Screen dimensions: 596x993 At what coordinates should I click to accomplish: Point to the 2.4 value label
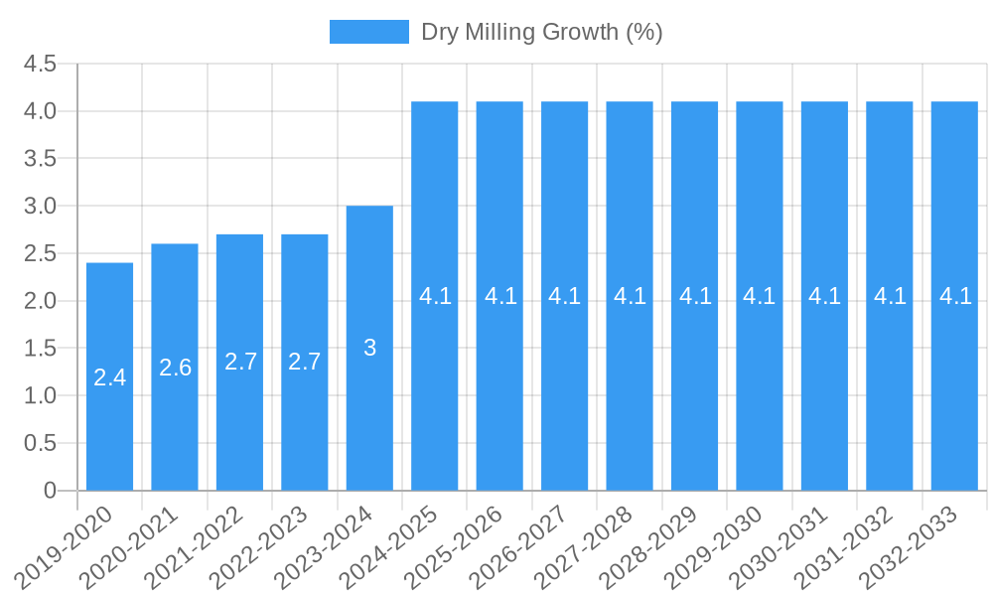point(109,377)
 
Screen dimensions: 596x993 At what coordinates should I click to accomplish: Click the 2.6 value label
point(175,368)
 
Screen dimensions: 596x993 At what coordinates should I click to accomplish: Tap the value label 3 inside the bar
point(369,348)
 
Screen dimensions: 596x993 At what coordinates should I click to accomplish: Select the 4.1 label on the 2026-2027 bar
point(564,296)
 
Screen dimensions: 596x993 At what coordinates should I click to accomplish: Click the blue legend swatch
point(368,32)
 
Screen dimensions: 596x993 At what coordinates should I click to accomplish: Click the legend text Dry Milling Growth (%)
point(541,32)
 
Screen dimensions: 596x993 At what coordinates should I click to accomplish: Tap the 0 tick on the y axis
point(50,491)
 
